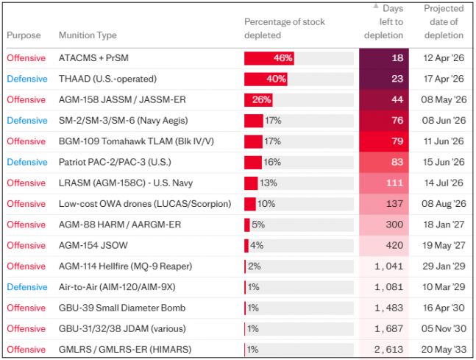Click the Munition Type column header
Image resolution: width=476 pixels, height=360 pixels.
[88, 35]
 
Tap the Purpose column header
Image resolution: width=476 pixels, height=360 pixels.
[24, 35]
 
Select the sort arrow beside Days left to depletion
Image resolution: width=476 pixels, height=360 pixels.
[376, 6]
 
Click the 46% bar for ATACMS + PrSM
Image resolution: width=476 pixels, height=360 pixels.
[269, 58]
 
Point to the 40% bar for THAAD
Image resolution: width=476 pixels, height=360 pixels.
[266, 79]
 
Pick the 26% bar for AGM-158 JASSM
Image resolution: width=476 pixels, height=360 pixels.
[258, 99]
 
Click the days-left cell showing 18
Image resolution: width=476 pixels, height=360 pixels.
[384, 58]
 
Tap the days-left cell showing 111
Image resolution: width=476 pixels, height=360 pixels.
[384, 183]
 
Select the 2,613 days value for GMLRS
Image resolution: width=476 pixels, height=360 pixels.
[388, 350]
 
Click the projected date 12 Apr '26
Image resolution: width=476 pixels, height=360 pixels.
[444, 58]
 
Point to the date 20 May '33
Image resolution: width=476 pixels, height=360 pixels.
[444, 350]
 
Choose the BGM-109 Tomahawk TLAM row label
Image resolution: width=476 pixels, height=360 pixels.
[136, 141]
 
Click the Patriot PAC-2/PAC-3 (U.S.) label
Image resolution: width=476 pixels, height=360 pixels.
[115, 162]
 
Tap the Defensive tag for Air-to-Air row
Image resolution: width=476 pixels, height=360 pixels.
[27, 287]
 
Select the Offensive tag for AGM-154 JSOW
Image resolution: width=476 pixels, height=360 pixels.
[26, 245]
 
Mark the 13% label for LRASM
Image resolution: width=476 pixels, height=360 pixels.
[269, 183]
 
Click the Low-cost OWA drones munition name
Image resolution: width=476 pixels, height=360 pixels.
[145, 204]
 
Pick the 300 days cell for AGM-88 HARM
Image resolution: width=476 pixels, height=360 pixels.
[384, 225]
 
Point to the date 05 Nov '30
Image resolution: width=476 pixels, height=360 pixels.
[444, 328]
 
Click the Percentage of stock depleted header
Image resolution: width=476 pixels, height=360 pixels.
[285, 29]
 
